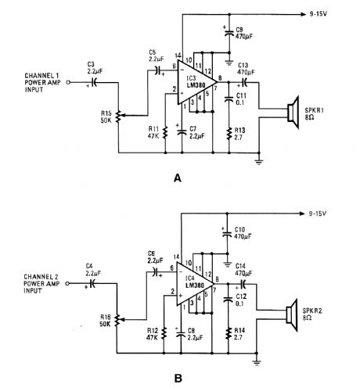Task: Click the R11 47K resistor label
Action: (x=153, y=131)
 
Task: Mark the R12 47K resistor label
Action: (x=153, y=333)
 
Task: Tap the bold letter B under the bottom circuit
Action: (x=178, y=379)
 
